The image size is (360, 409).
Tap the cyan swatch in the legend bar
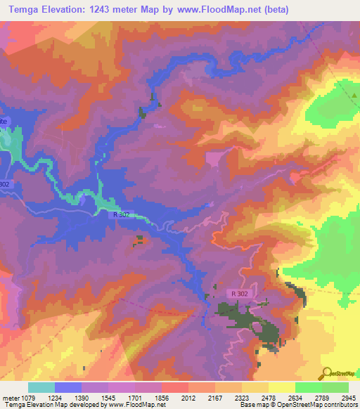tap(41, 387)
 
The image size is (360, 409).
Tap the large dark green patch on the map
tap(232, 314)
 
